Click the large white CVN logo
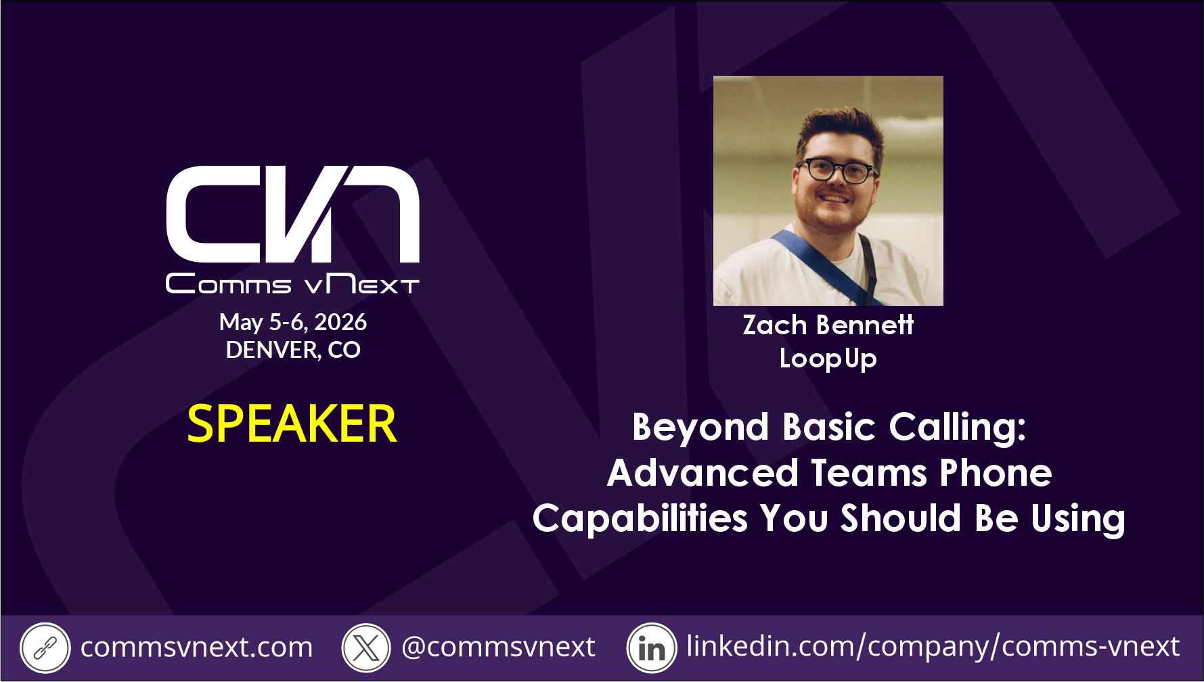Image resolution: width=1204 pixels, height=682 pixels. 292,214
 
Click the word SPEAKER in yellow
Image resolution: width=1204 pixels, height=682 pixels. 292,424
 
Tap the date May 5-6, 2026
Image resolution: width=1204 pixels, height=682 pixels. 293,322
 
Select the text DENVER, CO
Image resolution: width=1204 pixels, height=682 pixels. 293,350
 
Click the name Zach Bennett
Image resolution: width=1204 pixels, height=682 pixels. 828,325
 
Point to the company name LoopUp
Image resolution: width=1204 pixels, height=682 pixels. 828,359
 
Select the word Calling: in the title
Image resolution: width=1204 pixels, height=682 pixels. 957,428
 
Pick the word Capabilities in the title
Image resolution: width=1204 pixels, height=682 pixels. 640,519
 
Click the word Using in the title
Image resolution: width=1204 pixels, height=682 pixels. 1078,520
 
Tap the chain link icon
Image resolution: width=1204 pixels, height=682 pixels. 45,648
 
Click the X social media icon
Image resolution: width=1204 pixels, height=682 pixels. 366,648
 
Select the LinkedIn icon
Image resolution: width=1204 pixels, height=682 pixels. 652,648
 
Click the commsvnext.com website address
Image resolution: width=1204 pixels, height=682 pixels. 196,647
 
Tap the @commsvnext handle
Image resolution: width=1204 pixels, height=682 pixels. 498,647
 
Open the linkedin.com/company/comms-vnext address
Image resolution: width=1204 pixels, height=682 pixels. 933,646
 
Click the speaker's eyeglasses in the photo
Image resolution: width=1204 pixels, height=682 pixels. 837,170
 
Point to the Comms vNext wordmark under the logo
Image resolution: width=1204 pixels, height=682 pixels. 292,283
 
